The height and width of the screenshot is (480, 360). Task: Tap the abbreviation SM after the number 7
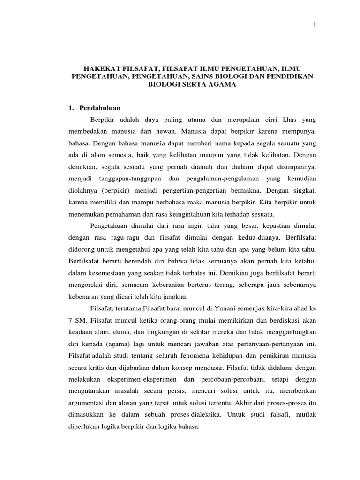[80, 322]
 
